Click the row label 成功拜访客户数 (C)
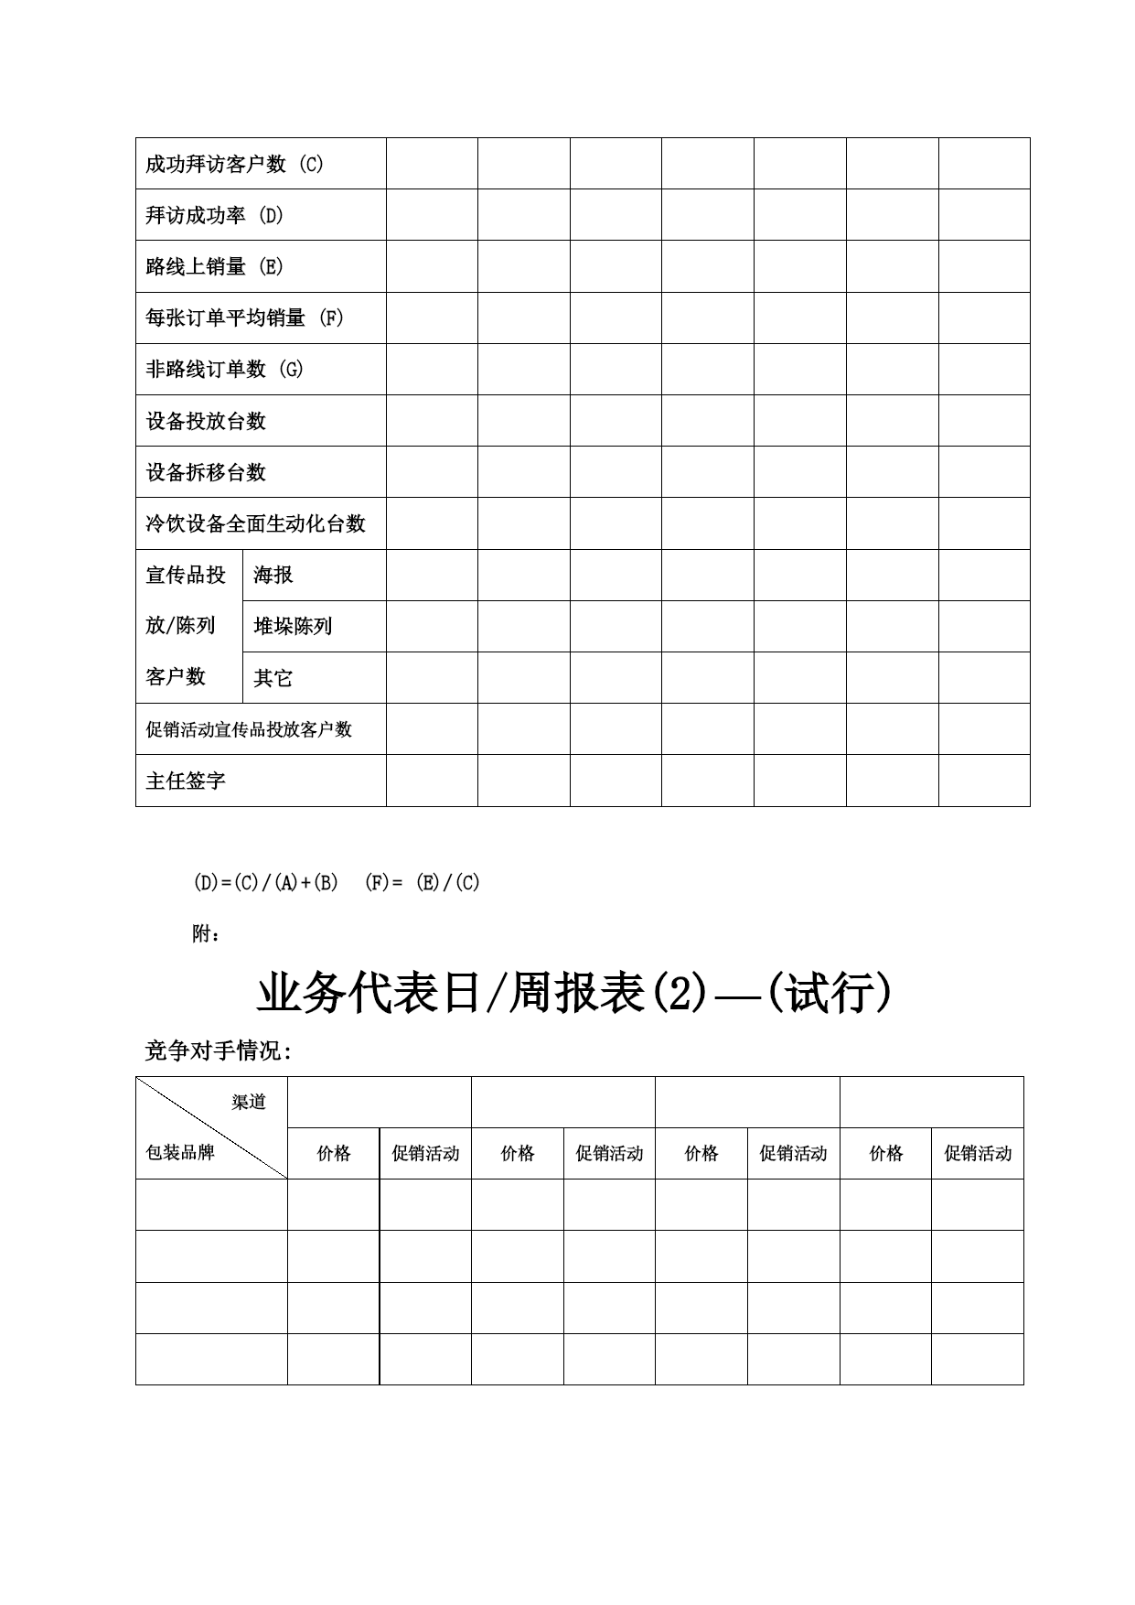click(x=234, y=165)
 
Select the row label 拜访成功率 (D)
click(x=214, y=216)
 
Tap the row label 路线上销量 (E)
click(x=214, y=267)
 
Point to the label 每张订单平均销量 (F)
click(x=244, y=318)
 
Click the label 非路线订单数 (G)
click(x=224, y=370)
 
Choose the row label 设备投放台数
click(x=206, y=421)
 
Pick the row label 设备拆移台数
click(x=206, y=472)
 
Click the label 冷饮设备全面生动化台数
click(x=255, y=523)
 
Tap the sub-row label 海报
click(x=273, y=575)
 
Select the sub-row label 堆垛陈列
click(x=293, y=627)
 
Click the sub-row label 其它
click(x=273, y=678)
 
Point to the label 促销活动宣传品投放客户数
click(x=249, y=729)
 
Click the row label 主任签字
click(x=186, y=781)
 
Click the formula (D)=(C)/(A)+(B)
click(x=265, y=883)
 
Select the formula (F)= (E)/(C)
click(x=422, y=883)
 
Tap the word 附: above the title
click(x=206, y=934)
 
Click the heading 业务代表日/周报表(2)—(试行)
click(x=573, y=994)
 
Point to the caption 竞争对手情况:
click(x=218, y=1051)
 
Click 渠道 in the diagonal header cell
click(x=249, y=1103)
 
